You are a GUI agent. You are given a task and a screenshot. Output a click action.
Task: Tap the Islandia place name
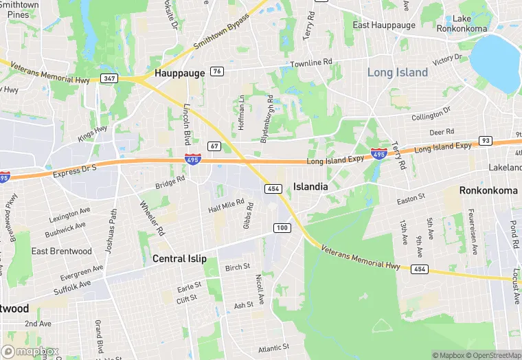pos(310,186)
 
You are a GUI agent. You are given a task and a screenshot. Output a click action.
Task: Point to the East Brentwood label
pos(62,251)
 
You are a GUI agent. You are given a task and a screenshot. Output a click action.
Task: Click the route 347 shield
pos(109,78)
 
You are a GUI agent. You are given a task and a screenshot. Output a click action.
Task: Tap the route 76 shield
pos(217,71)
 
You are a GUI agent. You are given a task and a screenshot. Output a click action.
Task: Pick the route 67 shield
pos(214,146)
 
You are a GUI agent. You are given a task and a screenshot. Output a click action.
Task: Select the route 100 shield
pos(282,227)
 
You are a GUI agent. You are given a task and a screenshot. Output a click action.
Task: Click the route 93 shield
pos(486,140)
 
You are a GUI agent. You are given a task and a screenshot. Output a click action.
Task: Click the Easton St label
pos(412,199)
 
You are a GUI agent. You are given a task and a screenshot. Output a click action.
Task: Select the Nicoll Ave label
pos(260,289)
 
